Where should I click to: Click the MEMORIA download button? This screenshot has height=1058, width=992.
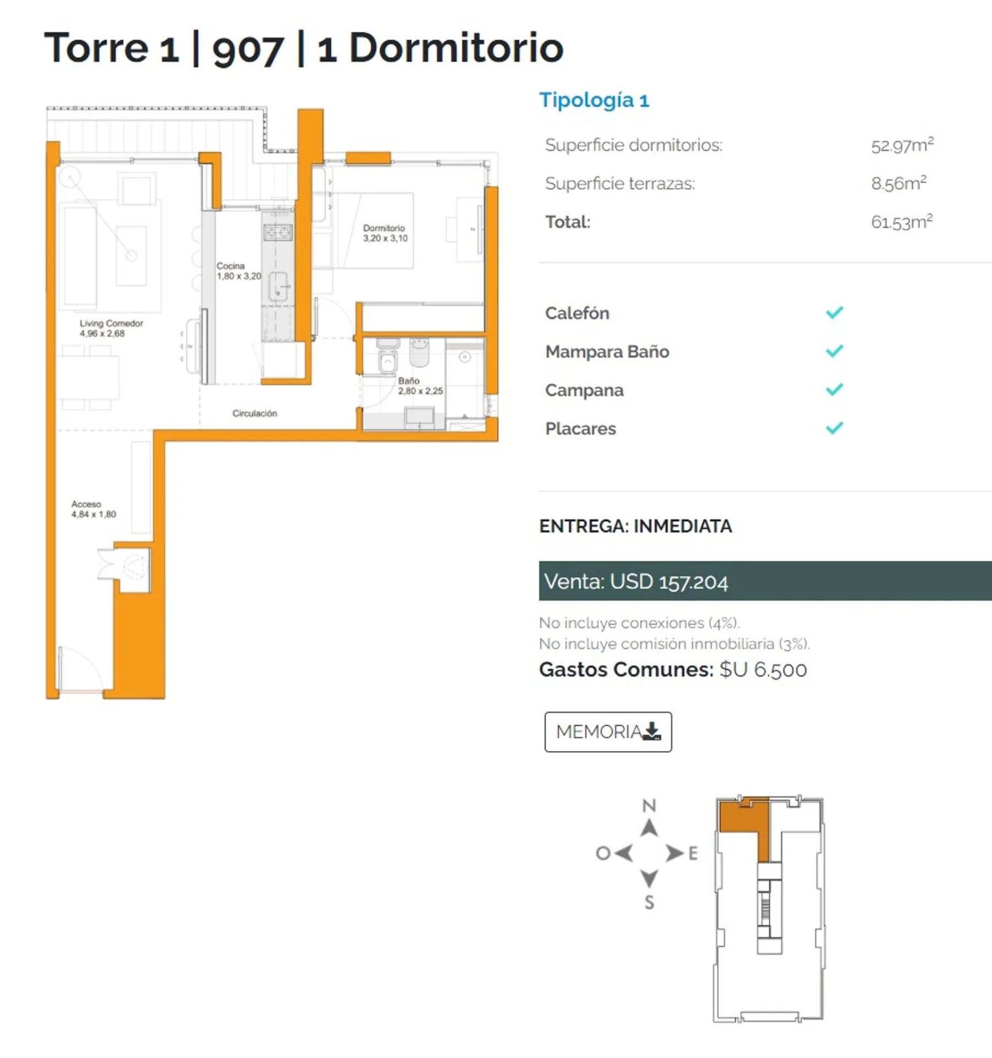click(x=608, y=732)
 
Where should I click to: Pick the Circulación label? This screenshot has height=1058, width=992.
click(x=255, y=413)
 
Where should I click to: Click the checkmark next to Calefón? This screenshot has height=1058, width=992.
click(x=834, y=312)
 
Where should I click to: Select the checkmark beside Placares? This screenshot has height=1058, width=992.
click(x=834, y=428)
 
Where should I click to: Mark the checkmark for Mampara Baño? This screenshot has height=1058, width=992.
click(x=834, y=350)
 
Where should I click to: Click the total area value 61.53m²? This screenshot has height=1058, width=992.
click(x=902, y=222)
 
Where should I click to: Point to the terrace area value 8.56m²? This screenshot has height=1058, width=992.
click(x=898, y=183)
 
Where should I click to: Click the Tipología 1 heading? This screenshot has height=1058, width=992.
click(x=594, y=100)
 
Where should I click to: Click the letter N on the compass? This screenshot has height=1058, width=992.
click(x=649, y=806)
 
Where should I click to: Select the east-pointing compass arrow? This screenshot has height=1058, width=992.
click(x=674, y=853)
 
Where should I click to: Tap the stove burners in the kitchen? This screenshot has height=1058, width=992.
click(x=277, y=233)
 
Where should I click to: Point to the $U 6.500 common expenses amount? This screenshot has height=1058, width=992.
click(x=763, y=670)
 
